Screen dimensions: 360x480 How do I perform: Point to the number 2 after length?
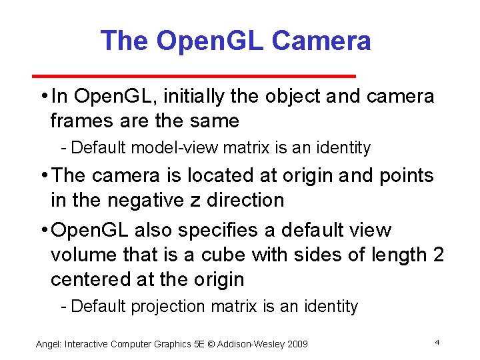tap(437, 255)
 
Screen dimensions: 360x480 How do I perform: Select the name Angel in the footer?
tap(48, 344)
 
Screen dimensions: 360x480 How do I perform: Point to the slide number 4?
tap(437, 342)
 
